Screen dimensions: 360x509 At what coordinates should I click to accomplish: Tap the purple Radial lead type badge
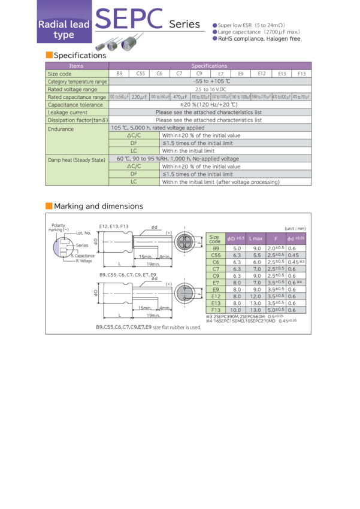coord(64,29)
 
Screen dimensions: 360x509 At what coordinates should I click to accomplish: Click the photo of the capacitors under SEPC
coord(119,43)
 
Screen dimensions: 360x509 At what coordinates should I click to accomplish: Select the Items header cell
coord(77,66)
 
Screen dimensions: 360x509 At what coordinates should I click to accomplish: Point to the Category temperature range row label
coord(77,81)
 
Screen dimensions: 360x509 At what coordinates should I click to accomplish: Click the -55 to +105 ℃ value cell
coord(209,81)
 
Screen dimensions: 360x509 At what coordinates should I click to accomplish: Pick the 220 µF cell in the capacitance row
coord(139,96)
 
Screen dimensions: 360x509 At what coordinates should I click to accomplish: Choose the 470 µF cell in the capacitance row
coord(180,96)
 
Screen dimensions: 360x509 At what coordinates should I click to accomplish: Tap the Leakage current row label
coord(68,112)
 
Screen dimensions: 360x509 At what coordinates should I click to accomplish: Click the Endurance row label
coord(61,129)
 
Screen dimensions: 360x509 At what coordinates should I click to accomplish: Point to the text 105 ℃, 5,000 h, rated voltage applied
coord(158,128)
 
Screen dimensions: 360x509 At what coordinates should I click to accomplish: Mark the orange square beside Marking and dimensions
coord(49,207)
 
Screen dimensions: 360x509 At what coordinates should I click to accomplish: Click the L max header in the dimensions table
coord(256,239)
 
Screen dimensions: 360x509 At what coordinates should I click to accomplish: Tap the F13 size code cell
coord(216,310)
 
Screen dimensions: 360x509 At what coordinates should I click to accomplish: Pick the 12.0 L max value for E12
coord(256,296)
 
